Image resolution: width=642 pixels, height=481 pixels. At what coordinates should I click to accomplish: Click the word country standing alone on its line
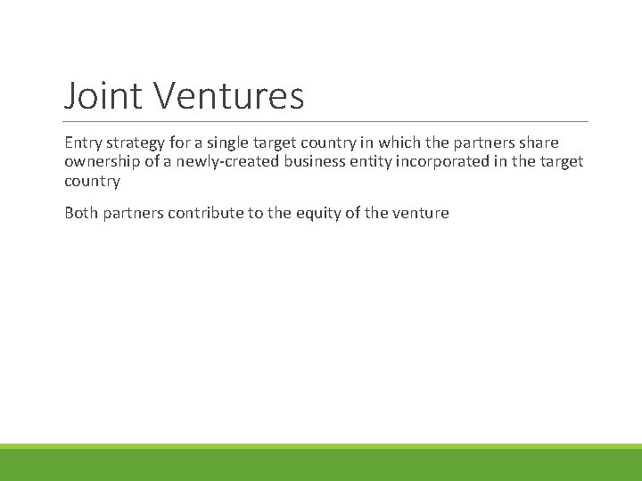92,180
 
